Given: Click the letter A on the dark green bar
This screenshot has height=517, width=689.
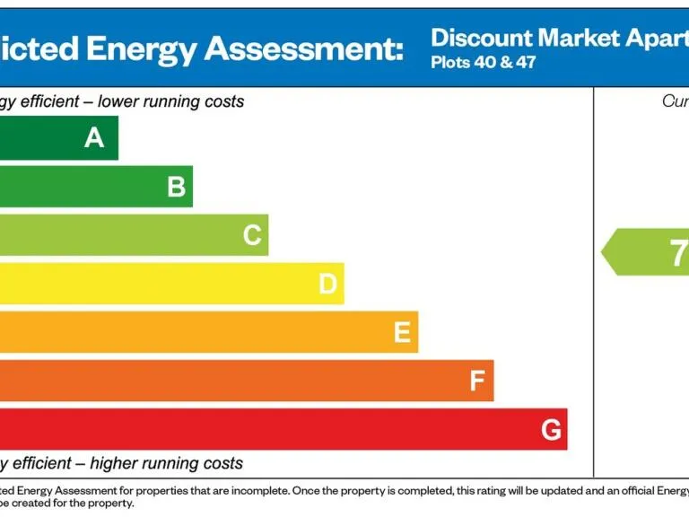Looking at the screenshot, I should (x=94, y=138).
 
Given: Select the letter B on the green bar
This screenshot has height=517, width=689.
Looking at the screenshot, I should (x=177, y=187).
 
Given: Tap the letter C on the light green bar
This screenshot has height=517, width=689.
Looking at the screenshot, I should (x=252, y=235).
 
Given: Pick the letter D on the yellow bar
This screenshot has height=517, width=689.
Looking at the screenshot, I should (x=327, y=285).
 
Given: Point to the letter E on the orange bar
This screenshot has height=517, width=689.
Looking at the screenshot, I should (x=402, y=333).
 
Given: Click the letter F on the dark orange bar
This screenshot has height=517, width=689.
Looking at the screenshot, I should (x=477, y=381).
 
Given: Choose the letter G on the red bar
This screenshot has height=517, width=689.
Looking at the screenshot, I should (x=552, y=430).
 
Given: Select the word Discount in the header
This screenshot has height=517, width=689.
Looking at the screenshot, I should (x=481, y=38).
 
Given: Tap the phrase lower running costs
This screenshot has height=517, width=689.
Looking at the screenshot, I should (x=170, y=101).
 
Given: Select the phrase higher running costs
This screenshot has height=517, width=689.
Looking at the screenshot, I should (x=166, y=464).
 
